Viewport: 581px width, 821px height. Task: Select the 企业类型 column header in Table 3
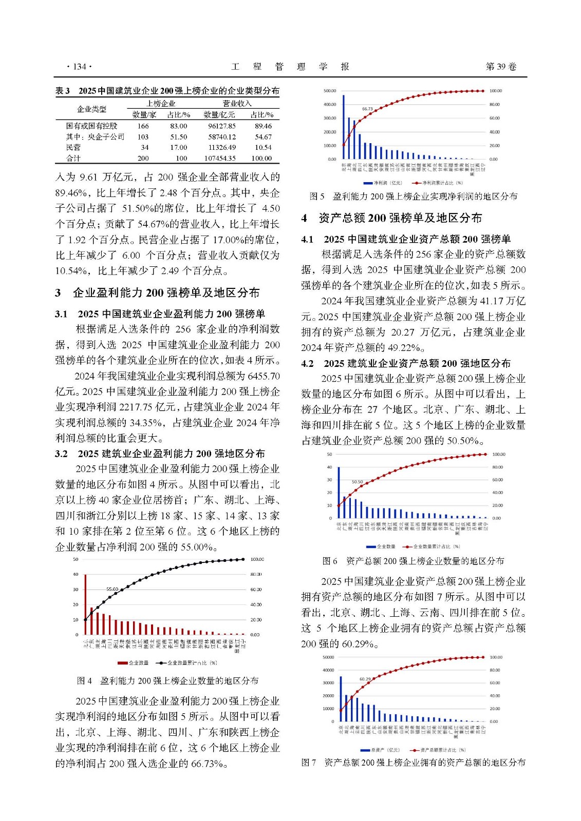click(91, 109)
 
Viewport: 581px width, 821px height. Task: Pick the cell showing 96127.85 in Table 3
click(219, 126)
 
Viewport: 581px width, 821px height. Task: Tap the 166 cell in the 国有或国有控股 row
click(143, 126)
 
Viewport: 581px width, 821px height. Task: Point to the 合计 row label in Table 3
click(73, 159)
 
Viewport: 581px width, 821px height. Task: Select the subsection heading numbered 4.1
click(406, 239)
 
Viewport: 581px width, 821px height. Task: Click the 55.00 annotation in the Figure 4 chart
click(112, 589)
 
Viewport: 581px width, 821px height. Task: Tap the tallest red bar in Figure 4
click(85, 604)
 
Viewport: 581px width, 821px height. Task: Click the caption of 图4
click(167, 681)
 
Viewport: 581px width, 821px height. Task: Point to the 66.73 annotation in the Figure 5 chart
click(367, 109)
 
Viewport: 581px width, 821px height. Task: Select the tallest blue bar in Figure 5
click(343, 127)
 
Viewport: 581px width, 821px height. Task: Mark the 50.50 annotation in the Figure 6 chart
click(357, 482)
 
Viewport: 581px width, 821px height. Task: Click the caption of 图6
click(413, 561)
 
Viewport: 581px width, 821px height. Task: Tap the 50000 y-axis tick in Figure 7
click(328, 657)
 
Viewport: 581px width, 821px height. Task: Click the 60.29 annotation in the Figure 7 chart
click(365, 679)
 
